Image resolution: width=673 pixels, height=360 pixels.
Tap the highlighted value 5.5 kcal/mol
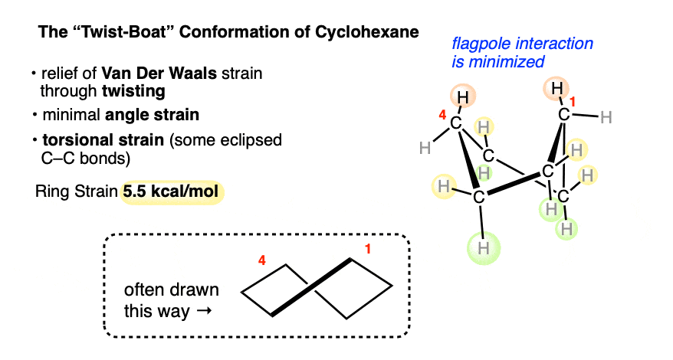pos(172,191)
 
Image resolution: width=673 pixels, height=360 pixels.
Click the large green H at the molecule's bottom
pos(483,247)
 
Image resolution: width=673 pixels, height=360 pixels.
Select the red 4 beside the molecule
pos(441,117)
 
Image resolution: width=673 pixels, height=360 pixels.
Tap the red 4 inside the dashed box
pos(261,260)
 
